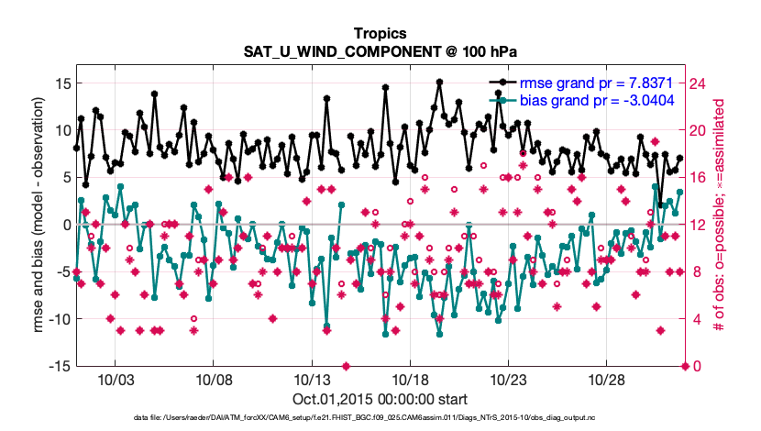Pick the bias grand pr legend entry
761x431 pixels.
(591, 99)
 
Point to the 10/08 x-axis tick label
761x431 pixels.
(213, 381)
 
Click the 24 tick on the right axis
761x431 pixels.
(699, 83)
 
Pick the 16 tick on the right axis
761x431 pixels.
(699, 178)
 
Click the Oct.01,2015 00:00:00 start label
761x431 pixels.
(380, 399)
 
